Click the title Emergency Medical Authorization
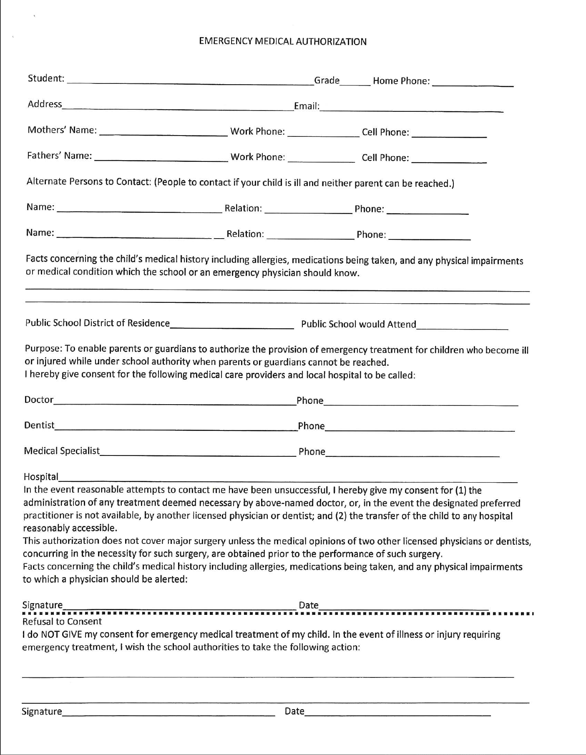pyautogui.click(x=283, y=41)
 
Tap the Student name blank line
pyautogui.click(x=190, y=81)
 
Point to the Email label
pyautogui.click(x=307, y=106)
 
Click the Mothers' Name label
pyautogui.click(x=62, y=130)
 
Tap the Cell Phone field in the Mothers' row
pyautogui.click(x=449, y=133)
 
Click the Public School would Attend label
pyautogui.click(x=359, y=325)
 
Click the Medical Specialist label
pyautogui.click(x=62, y=451)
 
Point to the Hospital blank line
pyautogui.click(x=288, y=478)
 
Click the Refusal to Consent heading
pyautogui.click(x=62, y=622)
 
